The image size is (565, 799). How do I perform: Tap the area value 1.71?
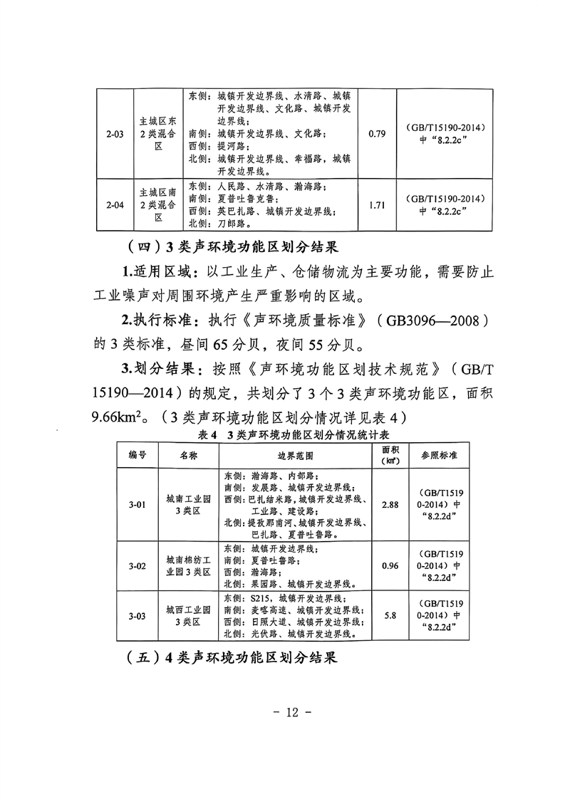point(378,206)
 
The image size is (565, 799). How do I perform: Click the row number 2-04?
point(115,206)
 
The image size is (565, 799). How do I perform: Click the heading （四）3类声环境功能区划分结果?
point(232,249)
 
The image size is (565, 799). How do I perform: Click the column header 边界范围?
point(290,454)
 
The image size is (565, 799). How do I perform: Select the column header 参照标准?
point(439,454)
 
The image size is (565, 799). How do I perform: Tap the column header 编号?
point(138,454)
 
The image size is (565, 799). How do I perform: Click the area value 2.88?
point(389,505)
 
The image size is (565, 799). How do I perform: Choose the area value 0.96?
point(389,566)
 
